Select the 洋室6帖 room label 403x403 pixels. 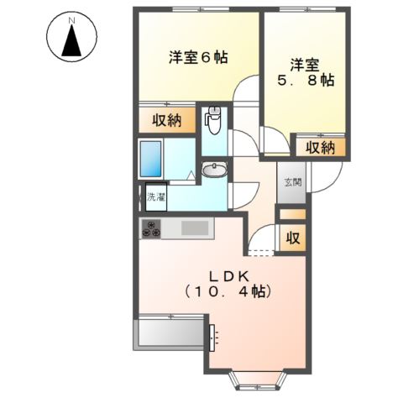click(x=199, y=58)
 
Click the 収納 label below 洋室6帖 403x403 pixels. click(x=167, y=120)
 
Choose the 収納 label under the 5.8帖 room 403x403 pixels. click(x=320, y=148)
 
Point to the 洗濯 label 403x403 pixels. click(x=156, y=199)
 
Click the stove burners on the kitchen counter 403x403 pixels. click(x=151, y=227)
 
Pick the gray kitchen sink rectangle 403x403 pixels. click(x=196, y=228)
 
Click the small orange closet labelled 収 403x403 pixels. click(x=290, y=238)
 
